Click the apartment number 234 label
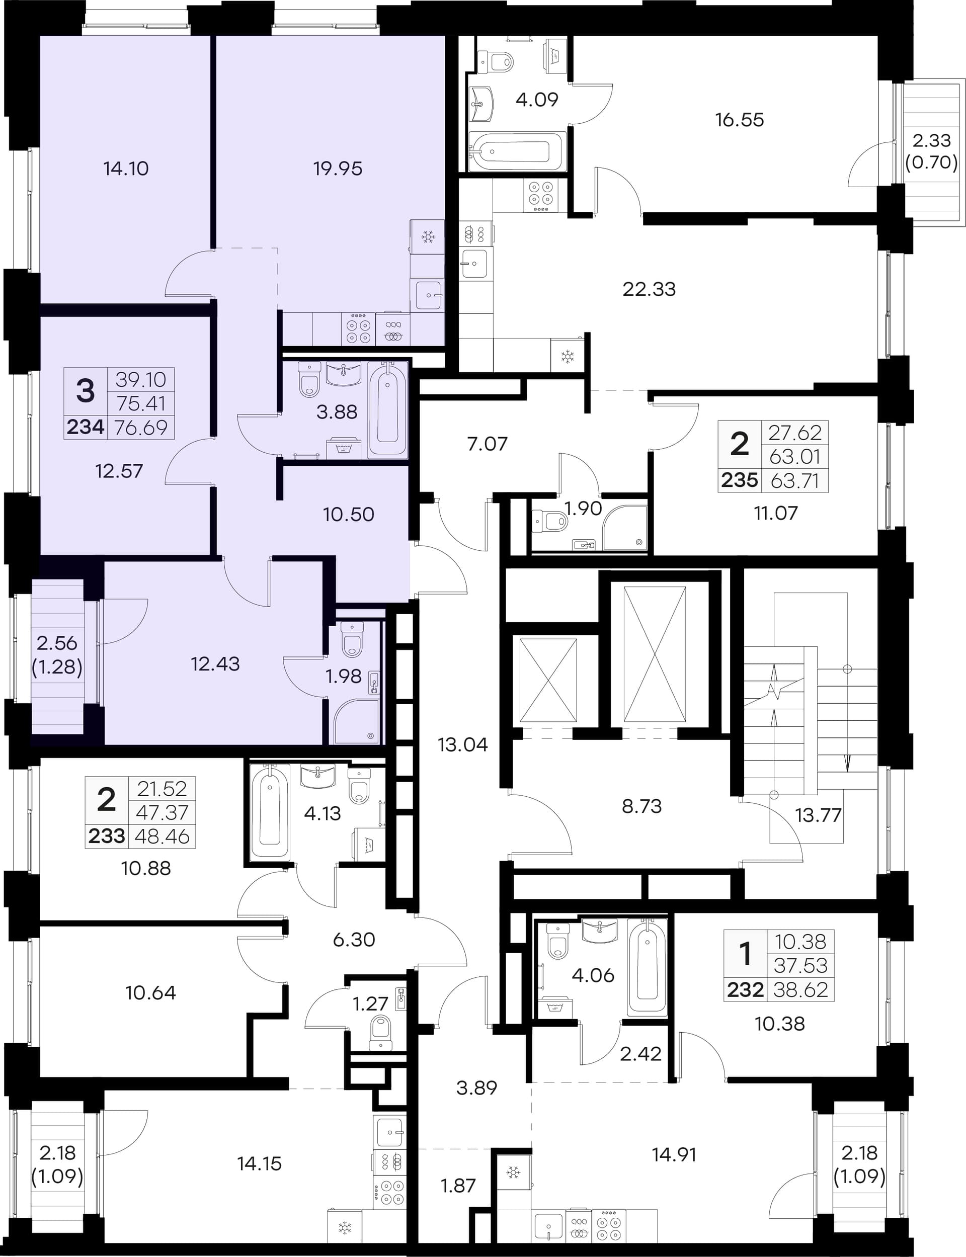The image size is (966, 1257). point(85,427)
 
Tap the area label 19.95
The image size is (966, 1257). point(338,169)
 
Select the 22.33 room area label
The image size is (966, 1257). point(649,289)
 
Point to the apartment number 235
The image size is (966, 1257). point(740,480)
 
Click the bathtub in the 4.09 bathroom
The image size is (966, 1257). point(516,152)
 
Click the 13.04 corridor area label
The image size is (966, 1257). point(463,745)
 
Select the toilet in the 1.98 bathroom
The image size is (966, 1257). point(352,639)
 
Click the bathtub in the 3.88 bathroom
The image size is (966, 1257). point(387,409)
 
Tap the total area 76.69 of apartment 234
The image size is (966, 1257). point(141,427)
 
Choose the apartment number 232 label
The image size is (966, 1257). point(745,990)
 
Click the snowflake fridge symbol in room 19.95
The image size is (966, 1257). point(428,237)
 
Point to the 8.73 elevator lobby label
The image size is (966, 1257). point(641,806)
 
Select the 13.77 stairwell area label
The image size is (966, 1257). point(818,815)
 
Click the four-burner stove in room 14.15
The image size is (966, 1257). point(389,1192)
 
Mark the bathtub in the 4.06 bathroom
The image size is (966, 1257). point(648,967)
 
